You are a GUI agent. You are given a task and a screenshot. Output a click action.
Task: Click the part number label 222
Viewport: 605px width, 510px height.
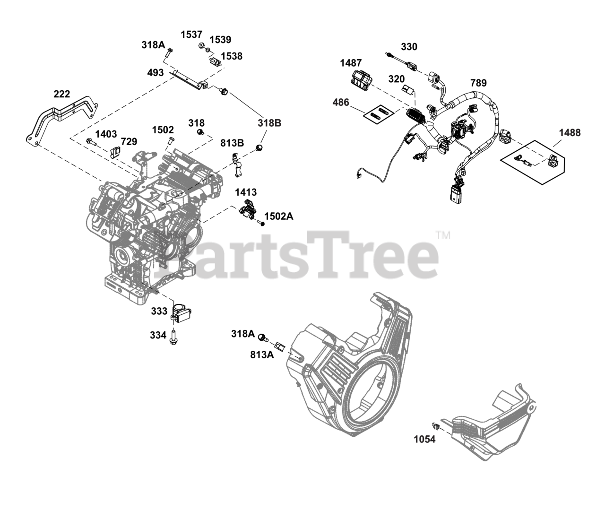(61, 94)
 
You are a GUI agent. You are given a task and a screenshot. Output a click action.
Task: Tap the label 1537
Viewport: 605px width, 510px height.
(191, 35)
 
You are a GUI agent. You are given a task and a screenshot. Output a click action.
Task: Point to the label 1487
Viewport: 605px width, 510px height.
(351, 63)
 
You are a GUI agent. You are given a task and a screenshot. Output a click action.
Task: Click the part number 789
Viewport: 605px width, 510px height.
(478, 83)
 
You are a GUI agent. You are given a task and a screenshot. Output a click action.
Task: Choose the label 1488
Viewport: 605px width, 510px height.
(570, 133)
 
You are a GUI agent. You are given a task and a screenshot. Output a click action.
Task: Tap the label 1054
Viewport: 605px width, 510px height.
(424, 439)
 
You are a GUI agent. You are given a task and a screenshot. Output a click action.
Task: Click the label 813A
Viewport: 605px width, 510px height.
(262, 354)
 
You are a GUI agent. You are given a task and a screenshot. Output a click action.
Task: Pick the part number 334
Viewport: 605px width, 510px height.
(159, 335)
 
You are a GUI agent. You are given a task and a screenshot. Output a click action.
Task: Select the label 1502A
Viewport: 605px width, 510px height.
(279, 216)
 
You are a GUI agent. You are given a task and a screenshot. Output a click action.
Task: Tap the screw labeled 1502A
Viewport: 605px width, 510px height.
(261, 222)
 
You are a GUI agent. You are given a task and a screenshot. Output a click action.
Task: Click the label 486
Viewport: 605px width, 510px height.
(340, 102)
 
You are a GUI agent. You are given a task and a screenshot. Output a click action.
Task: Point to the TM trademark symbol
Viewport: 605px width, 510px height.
(443, 235)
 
